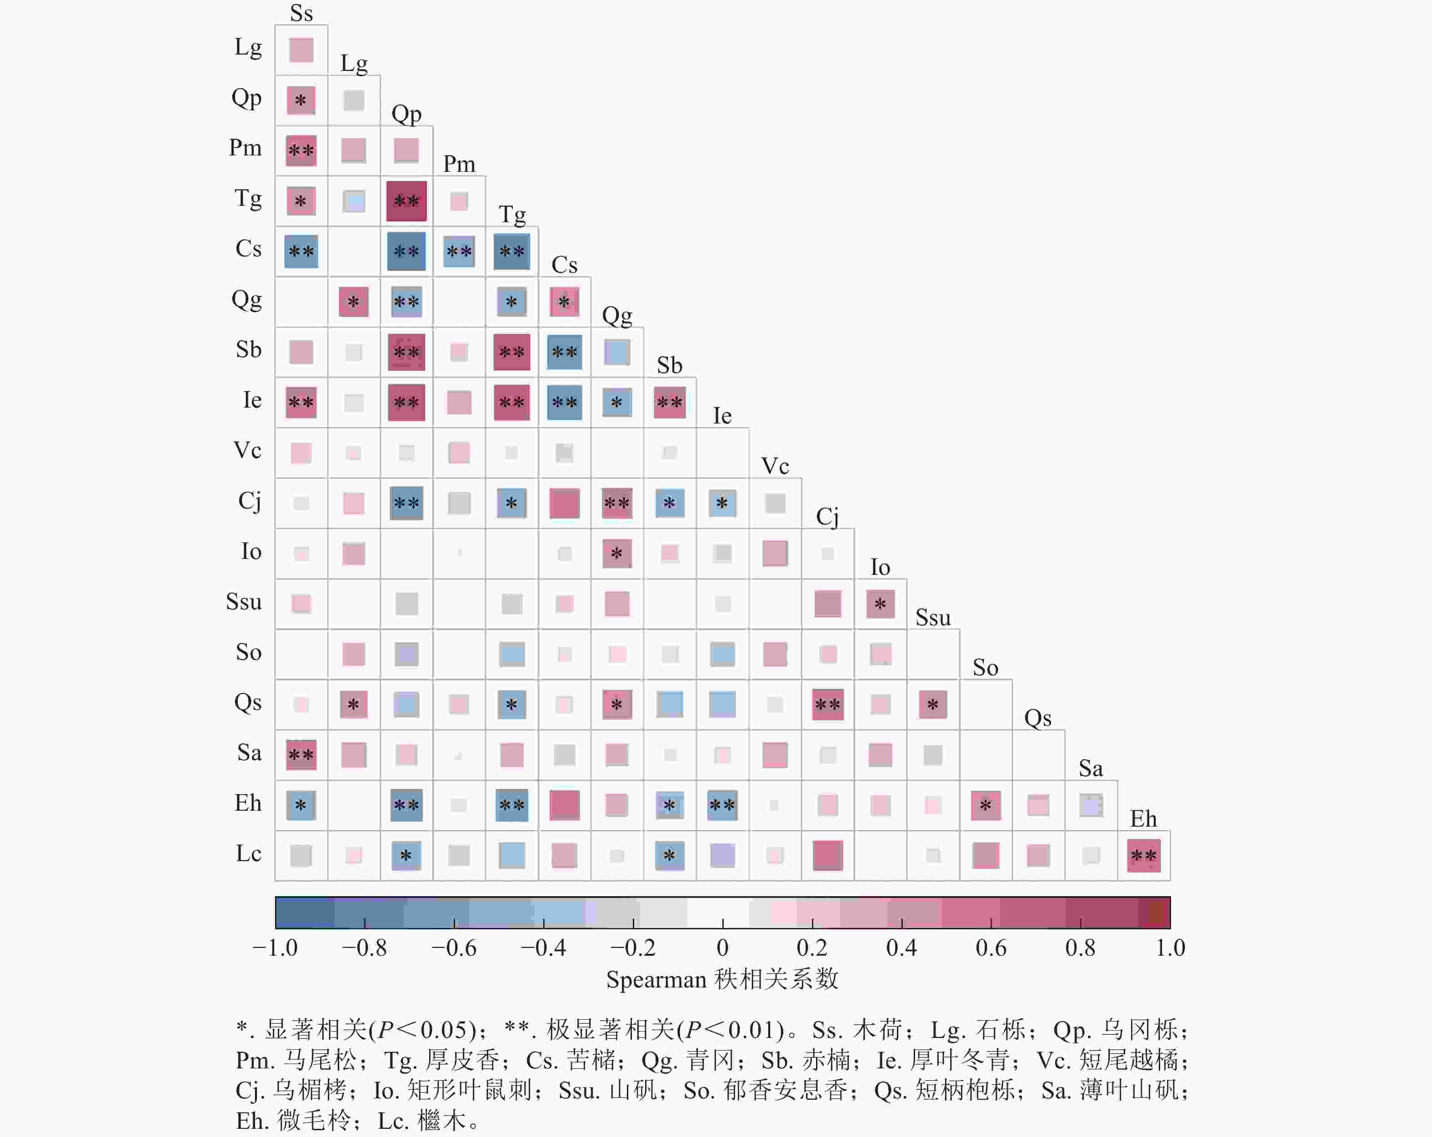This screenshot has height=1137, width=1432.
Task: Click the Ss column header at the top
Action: point(301,13)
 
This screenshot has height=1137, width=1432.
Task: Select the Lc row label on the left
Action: point(248,853)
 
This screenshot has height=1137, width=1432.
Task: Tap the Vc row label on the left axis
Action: point(247,450)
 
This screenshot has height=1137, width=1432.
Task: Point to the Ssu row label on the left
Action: point(244,602)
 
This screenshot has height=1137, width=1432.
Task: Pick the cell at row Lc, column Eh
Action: point(1144,855)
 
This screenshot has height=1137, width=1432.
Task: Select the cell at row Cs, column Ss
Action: point(301,251)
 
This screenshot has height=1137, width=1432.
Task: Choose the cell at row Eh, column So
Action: point(986,805)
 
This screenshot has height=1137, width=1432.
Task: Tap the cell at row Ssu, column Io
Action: point(880,603)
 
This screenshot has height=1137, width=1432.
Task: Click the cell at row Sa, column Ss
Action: point(301,754)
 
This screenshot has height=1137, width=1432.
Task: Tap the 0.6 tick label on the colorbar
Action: point(991,947)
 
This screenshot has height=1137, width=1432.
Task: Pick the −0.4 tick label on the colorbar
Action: point(543,947)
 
